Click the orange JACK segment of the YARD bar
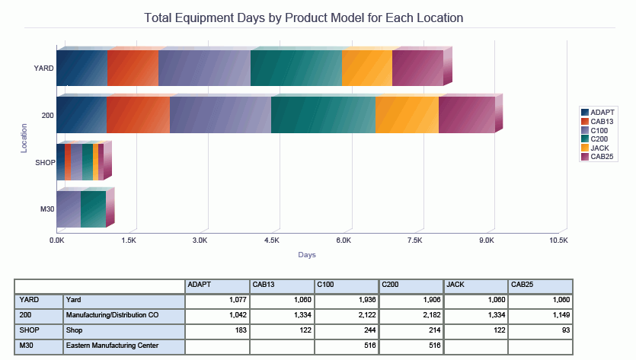pos(367,68)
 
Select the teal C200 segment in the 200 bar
pos(323,115)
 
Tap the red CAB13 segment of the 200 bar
pos(138,115)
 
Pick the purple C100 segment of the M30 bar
pos(69,209)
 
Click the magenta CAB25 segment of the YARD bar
pos(417,68)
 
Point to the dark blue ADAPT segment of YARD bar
pos(82,68)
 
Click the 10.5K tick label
pos(558,240)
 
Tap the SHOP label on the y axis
pos(44,162)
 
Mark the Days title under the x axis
pos(307,254)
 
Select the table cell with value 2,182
pos(411,314)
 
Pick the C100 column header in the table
pos(347,285)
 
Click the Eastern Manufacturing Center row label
pos(123,346)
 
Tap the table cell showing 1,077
pos(217,300)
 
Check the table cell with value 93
pos(540,330)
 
